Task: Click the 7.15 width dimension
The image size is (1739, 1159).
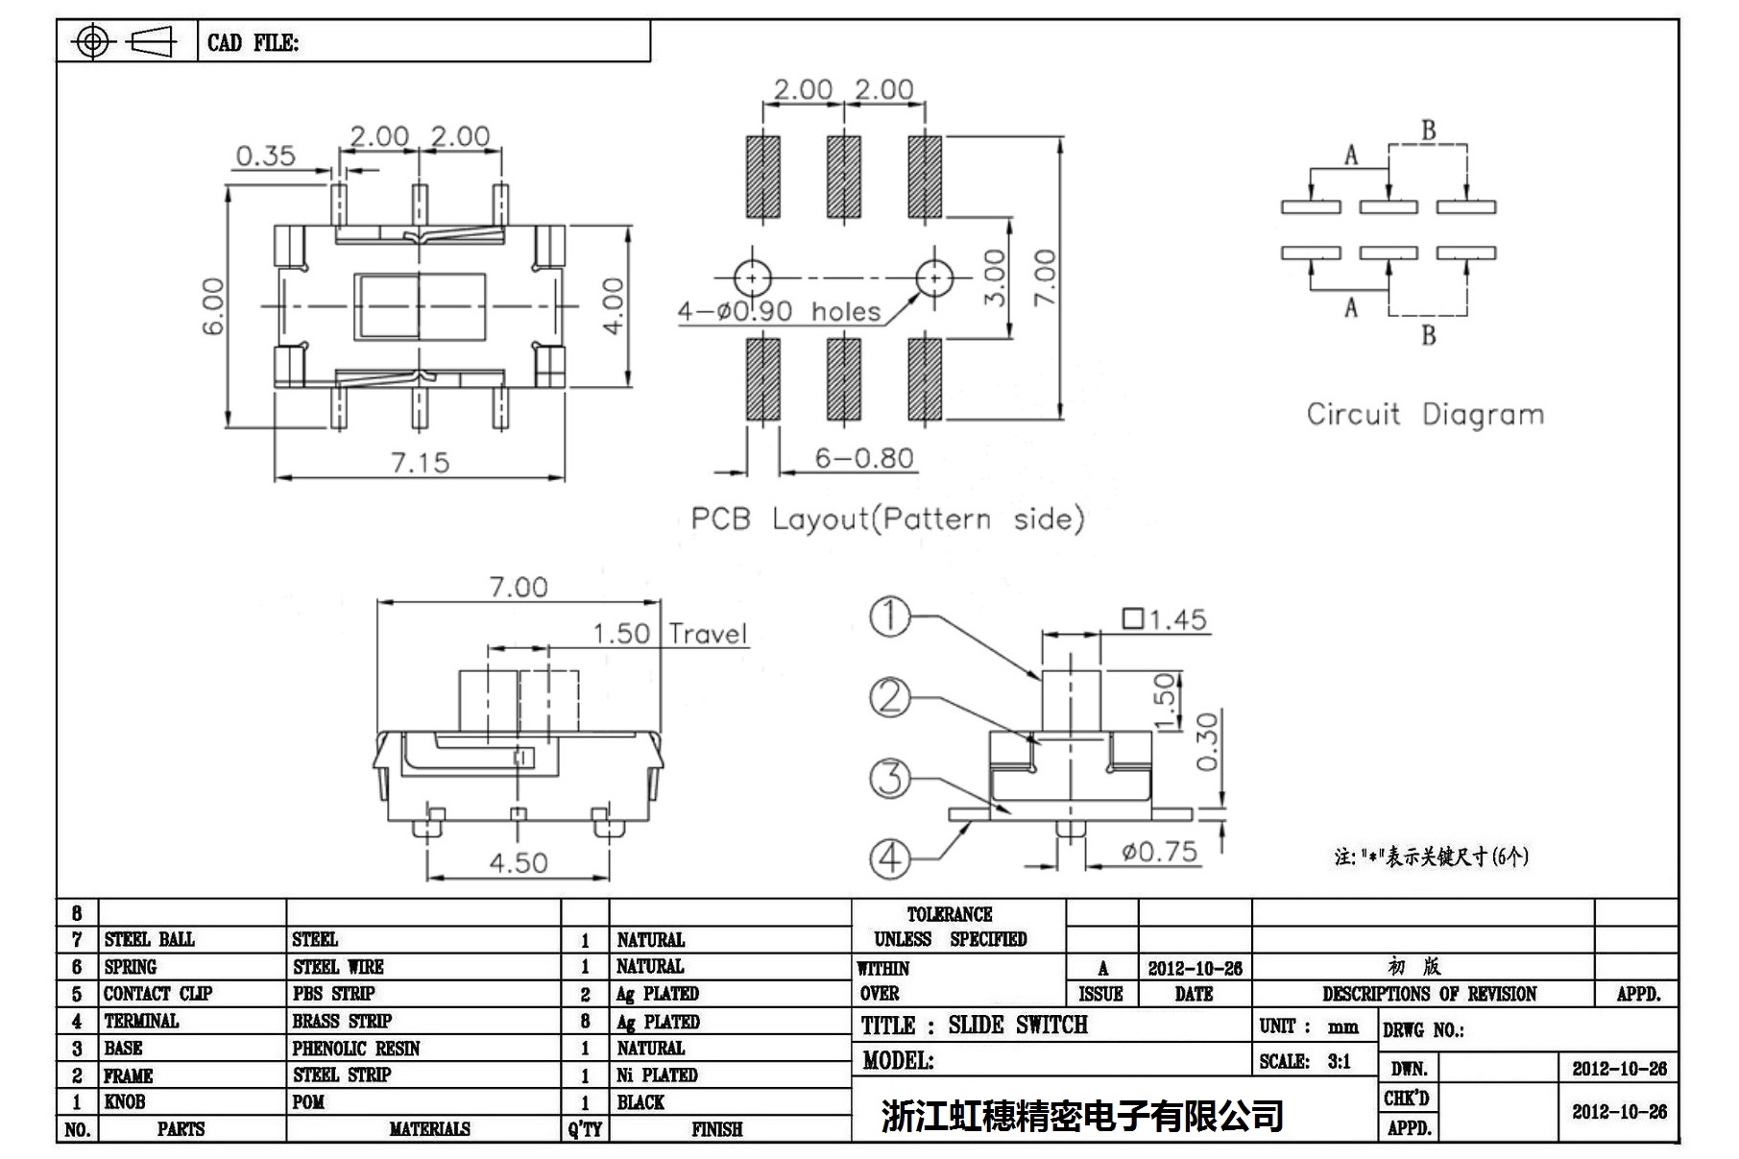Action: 420,463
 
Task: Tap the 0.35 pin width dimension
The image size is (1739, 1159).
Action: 265,156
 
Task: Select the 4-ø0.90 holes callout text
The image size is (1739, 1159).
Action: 779,311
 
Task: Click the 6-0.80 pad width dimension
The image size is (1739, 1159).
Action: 863,458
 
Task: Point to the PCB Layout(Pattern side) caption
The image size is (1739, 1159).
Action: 887,519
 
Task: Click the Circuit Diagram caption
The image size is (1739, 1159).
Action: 1425,415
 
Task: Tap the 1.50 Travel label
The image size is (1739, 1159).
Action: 668,634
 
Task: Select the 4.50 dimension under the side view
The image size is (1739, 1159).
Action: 518,862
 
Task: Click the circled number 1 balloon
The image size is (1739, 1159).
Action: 890,616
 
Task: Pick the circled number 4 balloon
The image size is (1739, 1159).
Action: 890,857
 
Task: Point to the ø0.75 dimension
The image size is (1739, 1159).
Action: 1159,852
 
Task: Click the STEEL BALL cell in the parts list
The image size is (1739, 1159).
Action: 149,939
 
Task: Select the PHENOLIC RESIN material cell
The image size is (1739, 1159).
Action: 356,1049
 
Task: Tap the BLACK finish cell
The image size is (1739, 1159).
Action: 640,1102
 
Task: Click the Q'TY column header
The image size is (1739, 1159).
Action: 584,1129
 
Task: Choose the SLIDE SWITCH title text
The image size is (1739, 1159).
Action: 1018,1026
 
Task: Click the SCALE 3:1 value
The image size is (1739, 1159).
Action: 1339,1061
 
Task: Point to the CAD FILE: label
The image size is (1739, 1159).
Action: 253,43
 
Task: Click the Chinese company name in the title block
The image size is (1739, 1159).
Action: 1082,1116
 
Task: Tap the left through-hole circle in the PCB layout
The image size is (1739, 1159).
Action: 753,278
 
